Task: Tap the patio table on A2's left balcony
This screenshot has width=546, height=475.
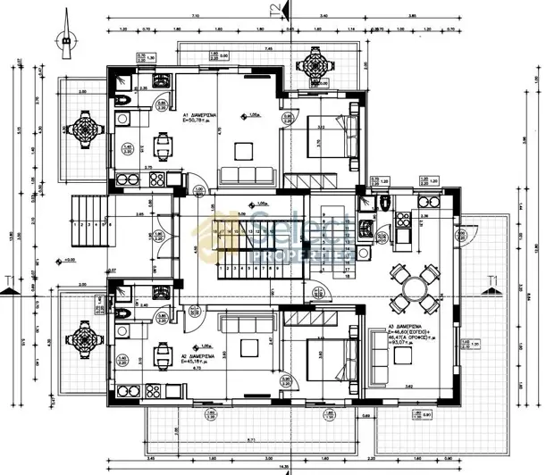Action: click(85, 337)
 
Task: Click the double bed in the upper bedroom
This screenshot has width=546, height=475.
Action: click(323, 139)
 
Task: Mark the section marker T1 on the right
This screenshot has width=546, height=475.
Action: click(492, 283)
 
